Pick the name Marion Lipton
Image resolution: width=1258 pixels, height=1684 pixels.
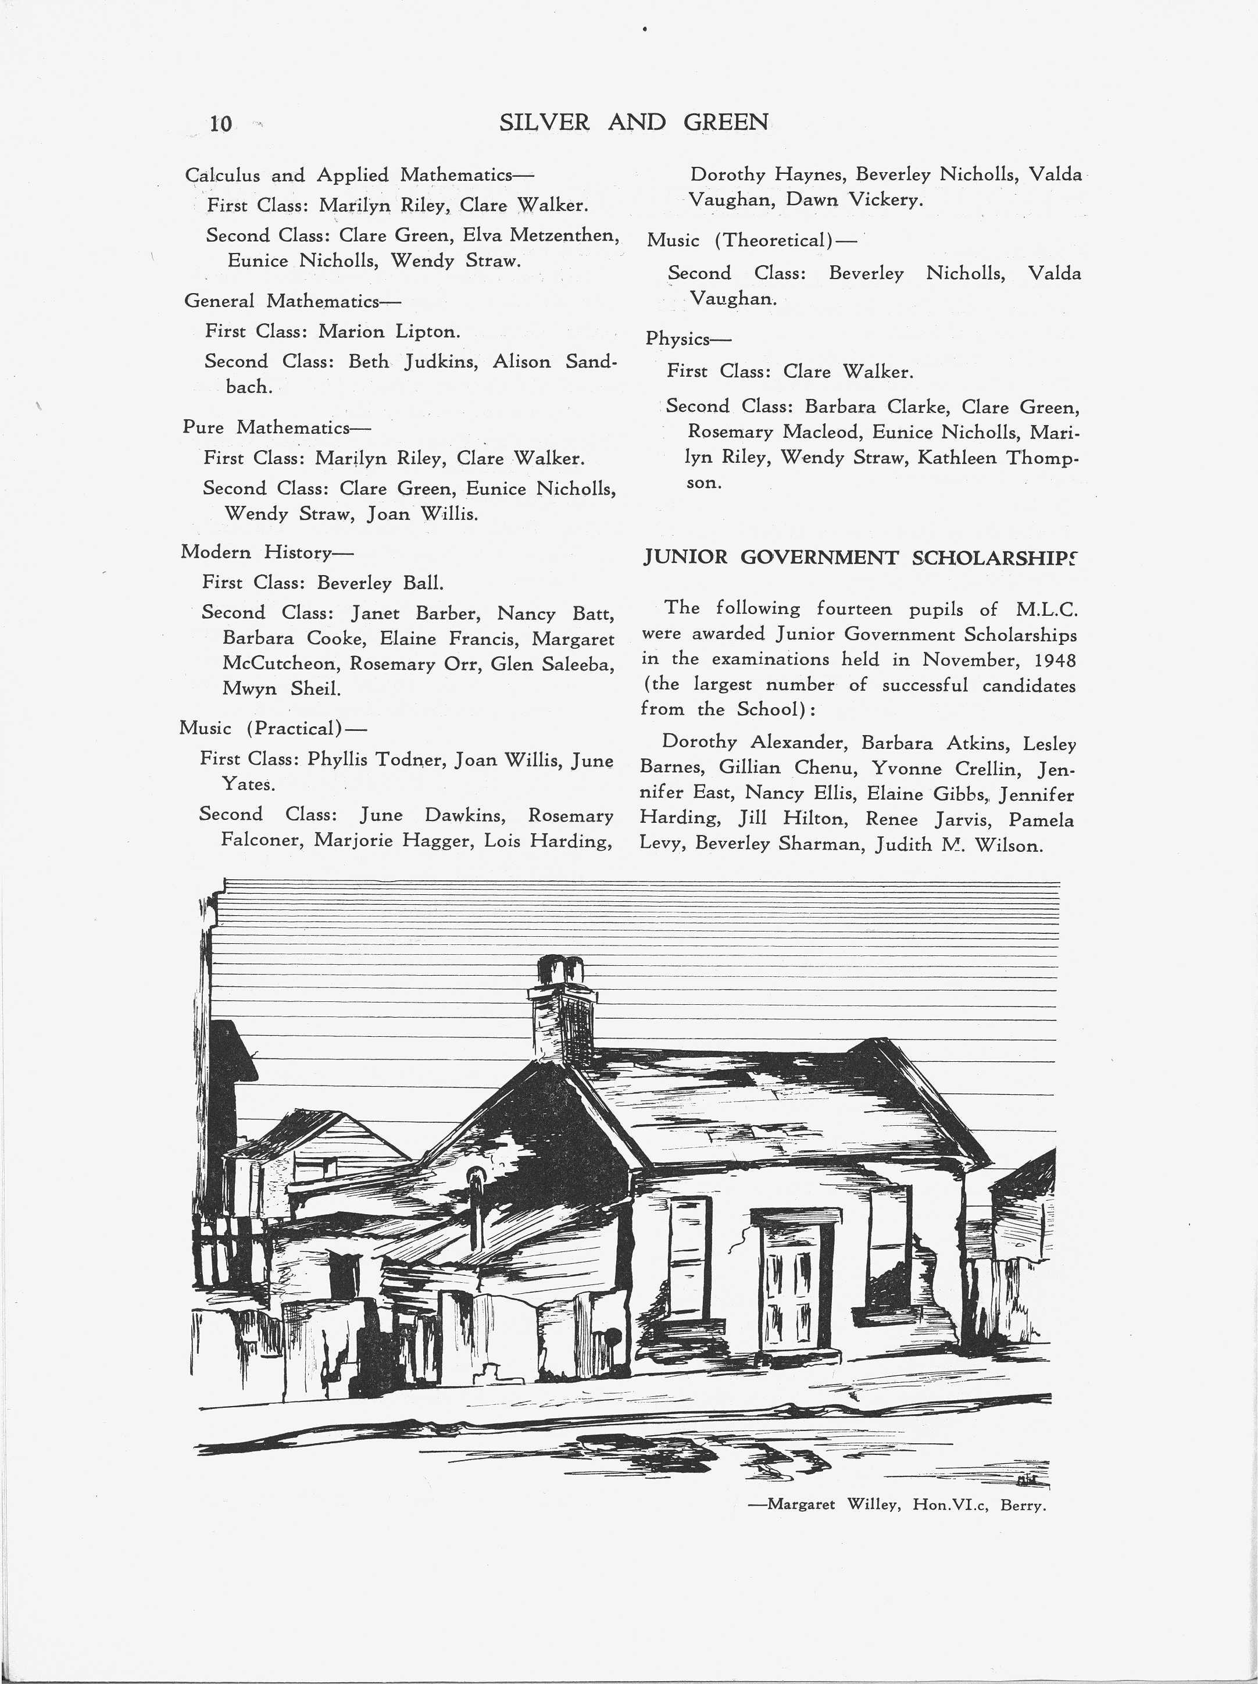[x=389, y=332]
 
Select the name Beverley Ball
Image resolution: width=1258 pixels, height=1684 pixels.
[x=380, y=583]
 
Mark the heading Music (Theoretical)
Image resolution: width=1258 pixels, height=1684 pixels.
[x=750, y=241]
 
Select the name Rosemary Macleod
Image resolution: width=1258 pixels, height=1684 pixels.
[x=775, y=433]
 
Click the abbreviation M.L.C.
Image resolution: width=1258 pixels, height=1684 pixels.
[x=1046, y=610]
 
